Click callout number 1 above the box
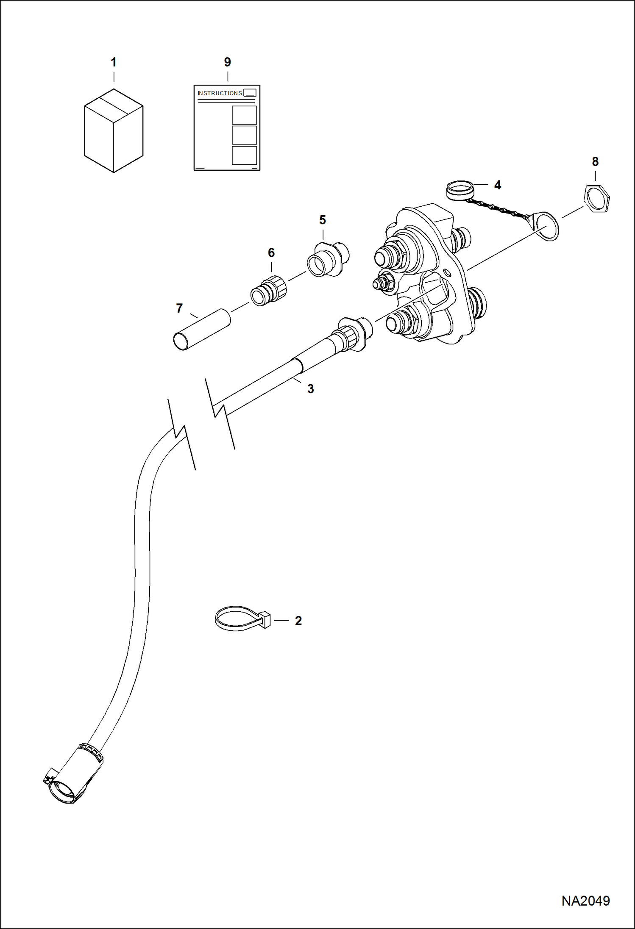[113, 62]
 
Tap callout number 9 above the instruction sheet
[228, 62]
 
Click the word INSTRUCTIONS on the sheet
[220, 93]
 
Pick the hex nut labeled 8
[597, 198]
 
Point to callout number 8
[595, 161]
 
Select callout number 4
[498, 185]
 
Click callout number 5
[323, 220]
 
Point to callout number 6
[271, 253]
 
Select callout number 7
[179, 308]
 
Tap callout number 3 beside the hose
[310, 389]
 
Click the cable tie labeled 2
[242, 619]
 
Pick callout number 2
[298, 621]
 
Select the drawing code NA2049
[585, 901]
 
